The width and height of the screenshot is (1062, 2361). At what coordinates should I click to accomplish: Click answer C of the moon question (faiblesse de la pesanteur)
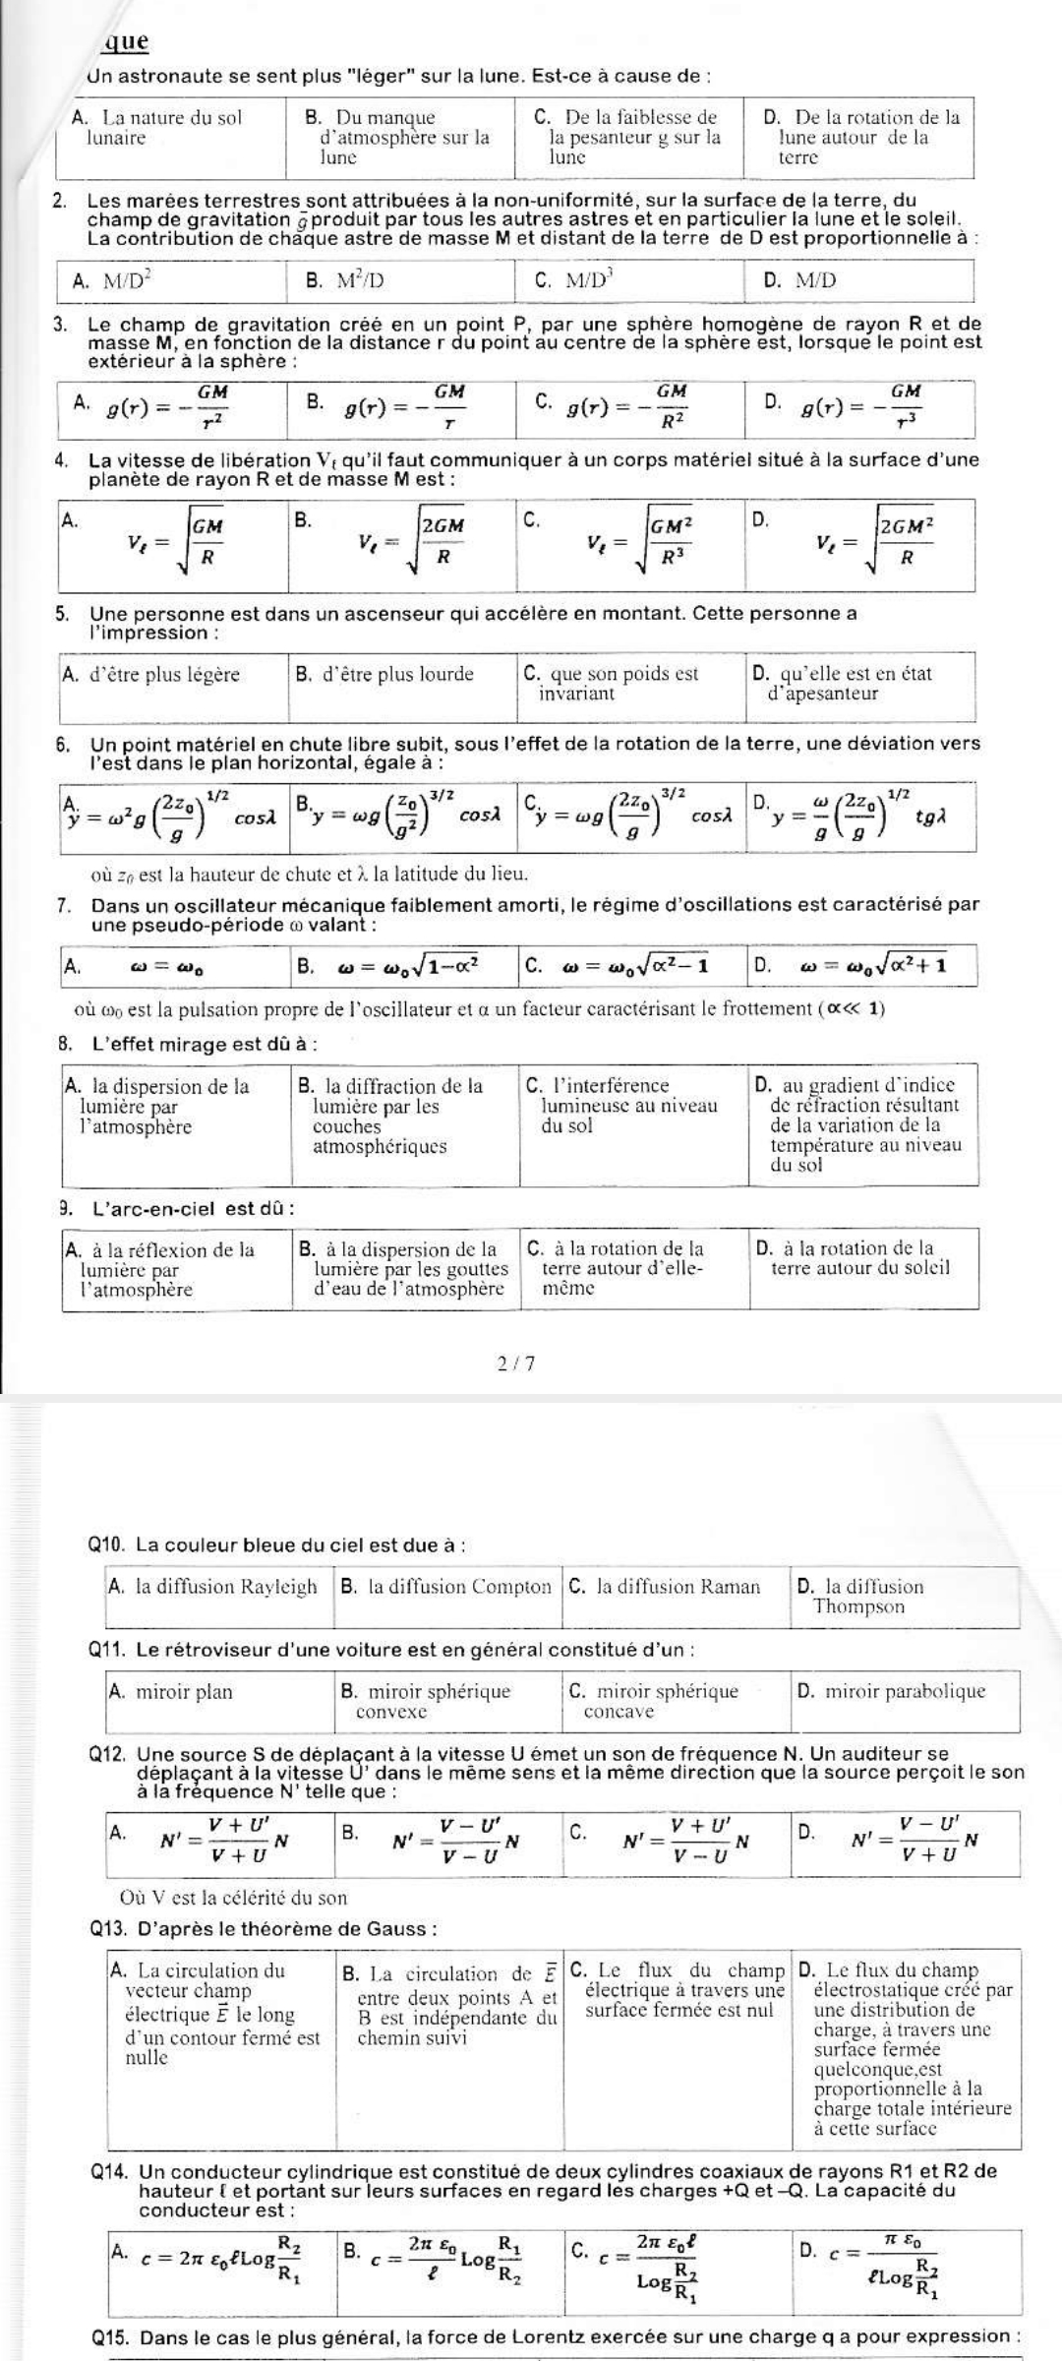[x=629, y=137]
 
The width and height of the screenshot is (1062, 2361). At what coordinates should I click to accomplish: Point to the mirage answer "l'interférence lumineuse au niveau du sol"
[x=622, y=1106]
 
